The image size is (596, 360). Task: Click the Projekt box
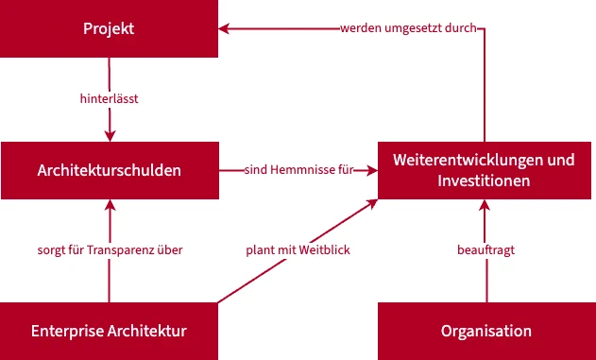click(x=109, y=28)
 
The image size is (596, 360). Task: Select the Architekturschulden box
click(x=110, y=170)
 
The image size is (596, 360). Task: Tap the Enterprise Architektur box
click(x=109, y=331)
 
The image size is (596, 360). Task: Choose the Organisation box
click(x=487, y=331)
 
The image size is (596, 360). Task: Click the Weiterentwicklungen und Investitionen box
click(x=485, y=170)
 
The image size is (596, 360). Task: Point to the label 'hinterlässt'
click(x=109, y=99)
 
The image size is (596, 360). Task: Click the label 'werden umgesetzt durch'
click(x=408, y=28)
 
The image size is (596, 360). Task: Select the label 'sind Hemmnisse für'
click(x=298, y=170)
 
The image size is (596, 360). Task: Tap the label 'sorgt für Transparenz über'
click(x=110, y=250)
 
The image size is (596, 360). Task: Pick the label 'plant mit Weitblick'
click(x=298, y=250)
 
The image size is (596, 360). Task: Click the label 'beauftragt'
click(x=485, y=250)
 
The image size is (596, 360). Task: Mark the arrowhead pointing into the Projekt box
click(x=224, y=28)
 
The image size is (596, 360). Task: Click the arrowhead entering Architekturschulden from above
click(x=110, y=136)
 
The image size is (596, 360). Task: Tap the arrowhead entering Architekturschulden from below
click(x=110, y=205)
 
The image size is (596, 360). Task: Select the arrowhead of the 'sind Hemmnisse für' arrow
click(x=372, y=170)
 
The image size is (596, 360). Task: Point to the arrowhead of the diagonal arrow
click(x=372, y=203)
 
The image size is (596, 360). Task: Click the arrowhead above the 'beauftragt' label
click(x=485, y=205)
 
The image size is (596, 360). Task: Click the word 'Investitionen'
click(x=484, y=180)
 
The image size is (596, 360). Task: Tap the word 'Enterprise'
click(x=67, y=331)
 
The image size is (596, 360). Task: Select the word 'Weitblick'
click(x=324, y=250)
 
